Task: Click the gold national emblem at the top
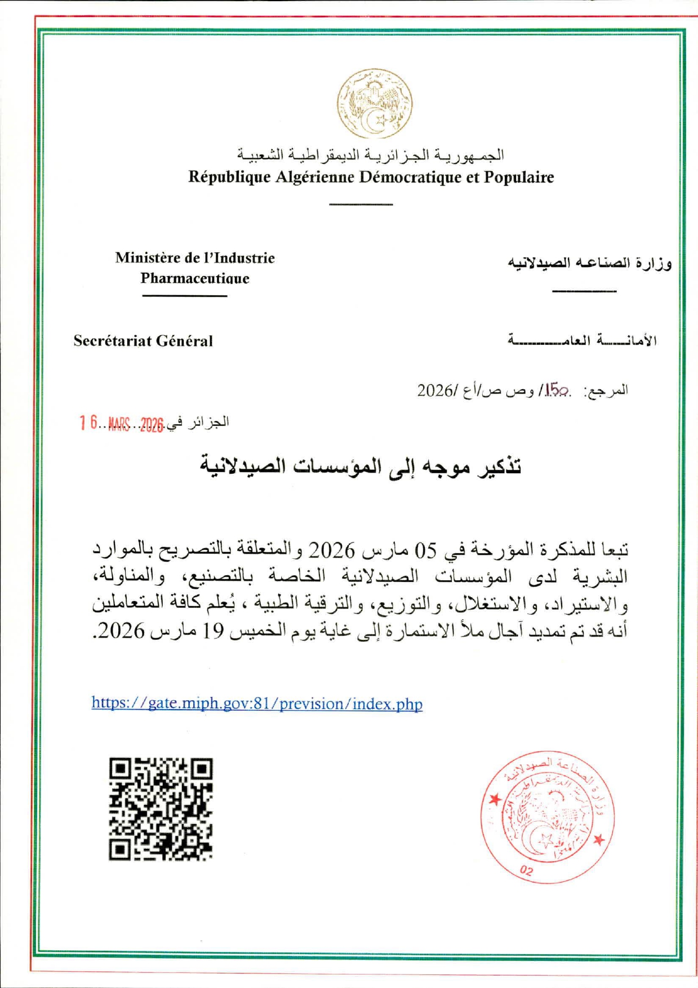[x=375, y=104]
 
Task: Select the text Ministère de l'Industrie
[x=195, y=258]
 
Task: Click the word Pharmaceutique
[x=195, y=278]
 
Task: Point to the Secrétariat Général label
[x=143, y=341]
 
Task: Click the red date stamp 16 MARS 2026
[x=121, y=423]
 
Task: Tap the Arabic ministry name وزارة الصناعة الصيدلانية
[x=590, y=264]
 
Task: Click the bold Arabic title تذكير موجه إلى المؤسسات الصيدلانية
[x=361, y=466]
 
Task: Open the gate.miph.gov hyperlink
[x=257, y=704]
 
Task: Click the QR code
[x=161, y=809]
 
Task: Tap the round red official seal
[x=548, y=816]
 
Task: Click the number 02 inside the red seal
[x=526, y=870]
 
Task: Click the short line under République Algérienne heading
[x=361, y=204]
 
